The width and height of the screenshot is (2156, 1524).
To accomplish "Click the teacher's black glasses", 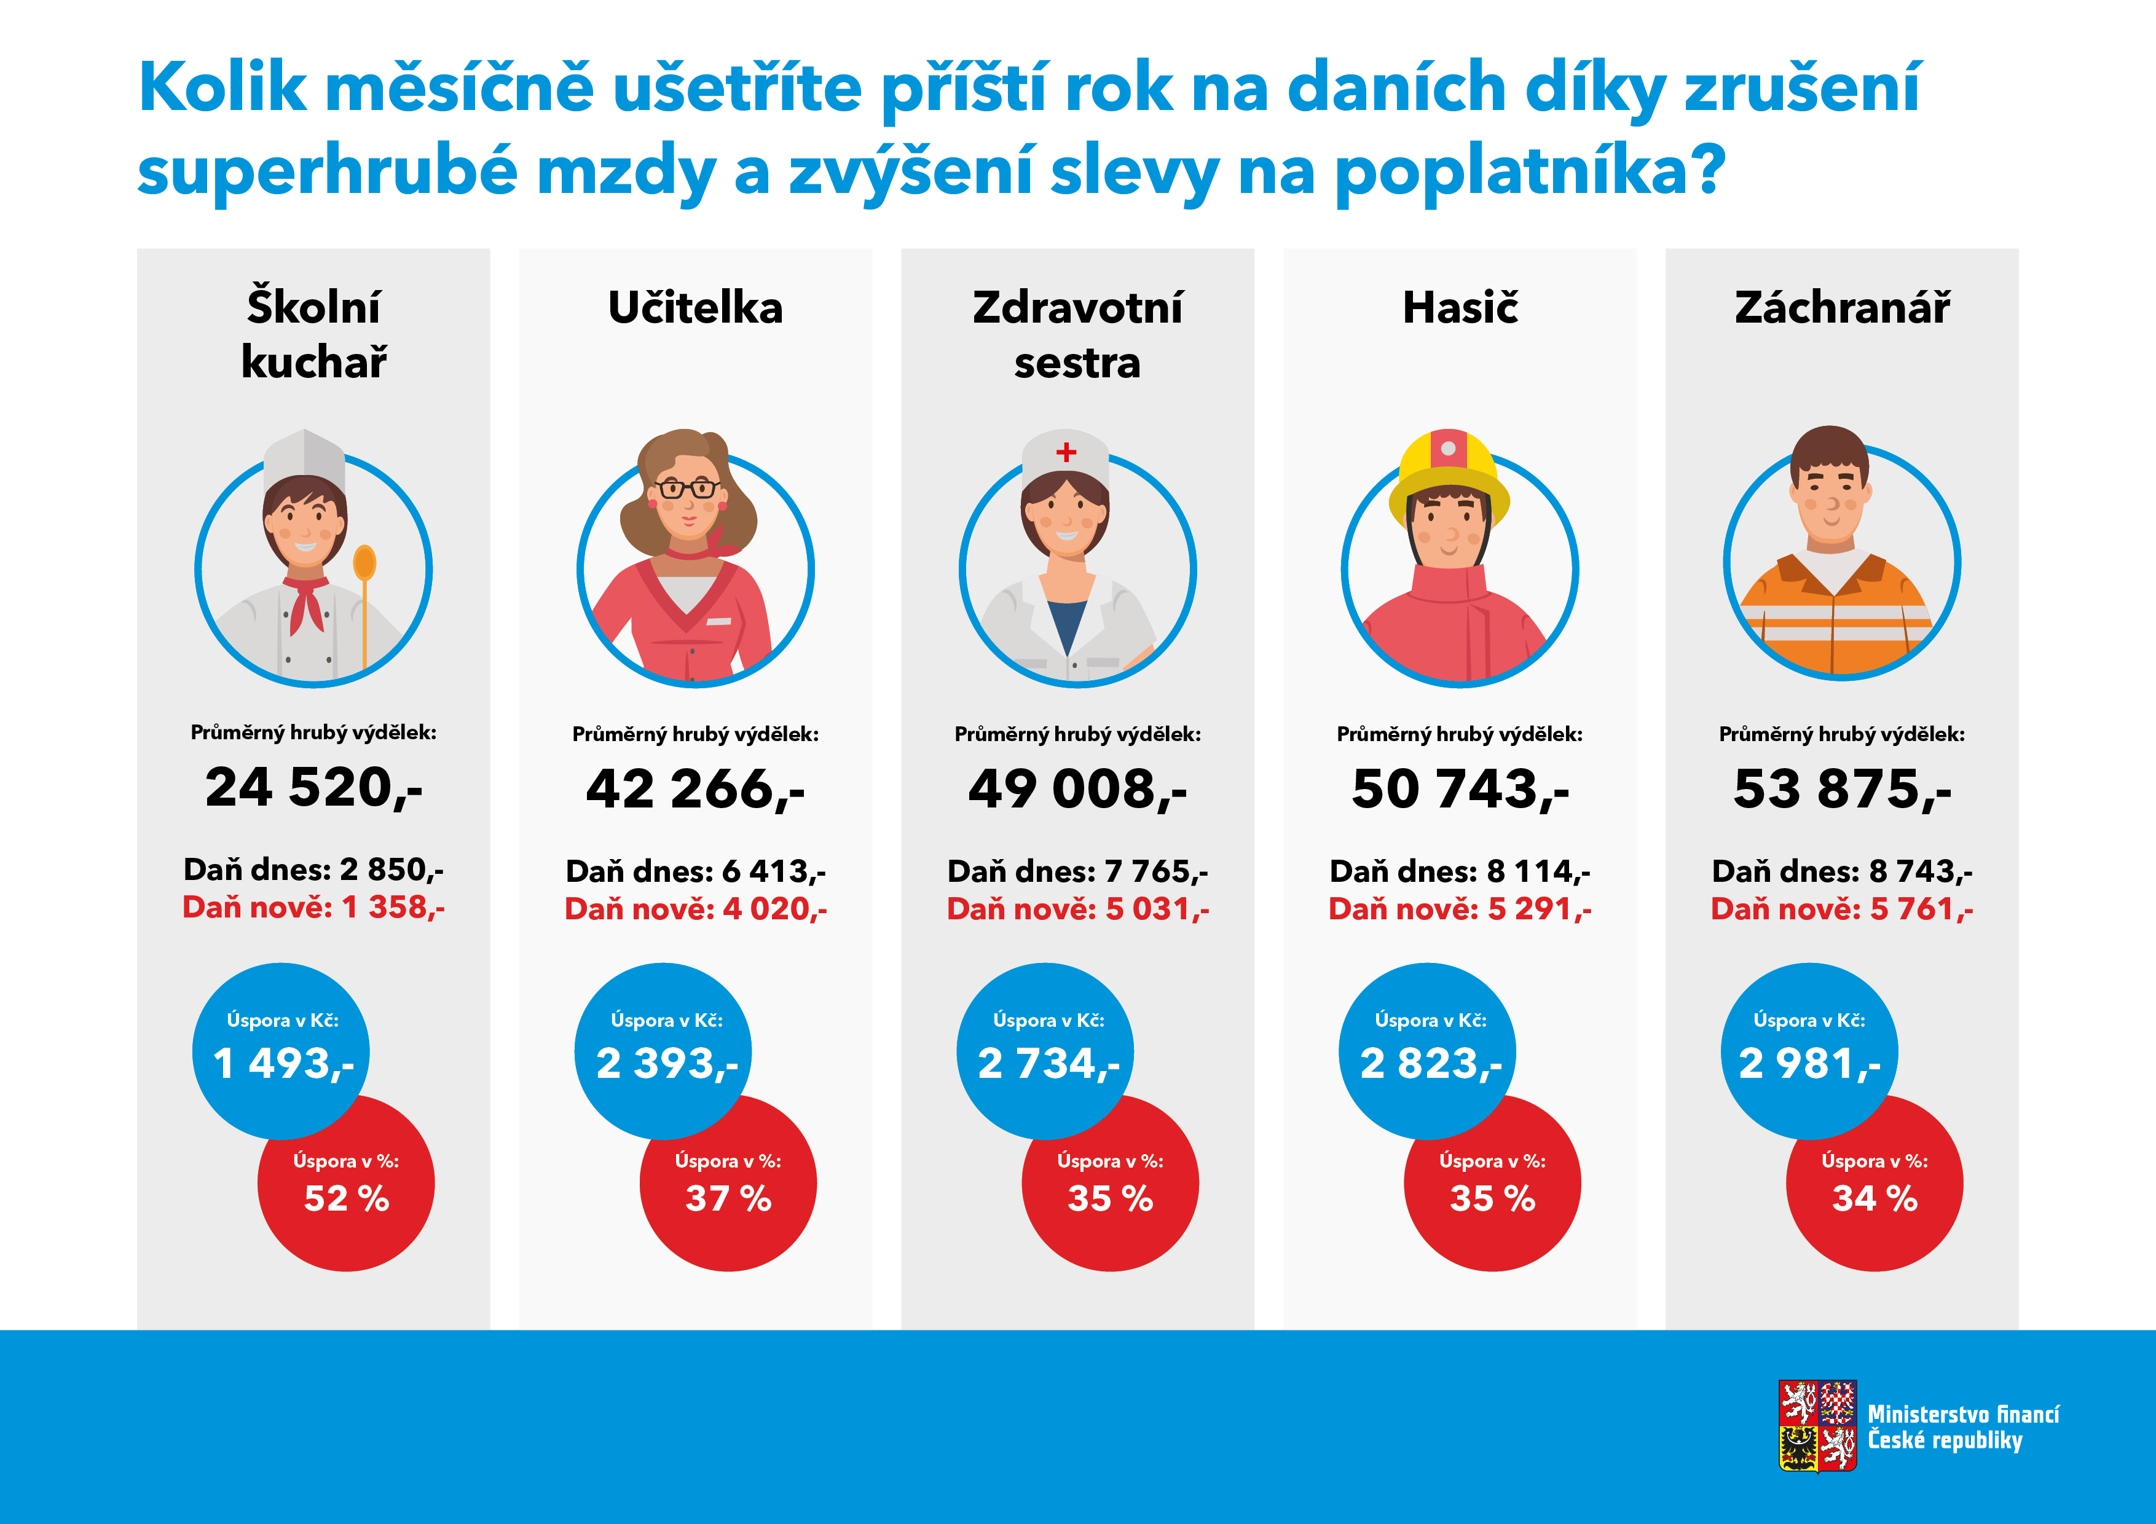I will coord(688,489).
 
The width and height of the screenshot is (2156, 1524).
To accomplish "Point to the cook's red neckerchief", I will coord(306,601).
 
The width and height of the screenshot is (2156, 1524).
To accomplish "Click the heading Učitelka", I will coord(695,308).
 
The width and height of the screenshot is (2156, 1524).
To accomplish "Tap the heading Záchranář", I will coord(1841,308).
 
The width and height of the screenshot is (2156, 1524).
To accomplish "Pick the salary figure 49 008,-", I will coord(1077,789).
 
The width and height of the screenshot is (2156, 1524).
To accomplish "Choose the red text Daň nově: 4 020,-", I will coord(695,909).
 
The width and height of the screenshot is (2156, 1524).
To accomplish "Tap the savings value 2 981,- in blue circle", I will coord(1809,1064).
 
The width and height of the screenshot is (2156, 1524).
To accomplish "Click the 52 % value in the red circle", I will coord(347,1199).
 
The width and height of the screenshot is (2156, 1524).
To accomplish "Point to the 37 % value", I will coord(729,1199).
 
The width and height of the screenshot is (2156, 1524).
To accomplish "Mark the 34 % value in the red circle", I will coord(1875,1199).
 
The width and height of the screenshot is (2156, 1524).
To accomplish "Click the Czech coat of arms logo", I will coord(1817,1426).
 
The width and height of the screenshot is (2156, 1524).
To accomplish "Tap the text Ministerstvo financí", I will coord(1962,1414).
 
